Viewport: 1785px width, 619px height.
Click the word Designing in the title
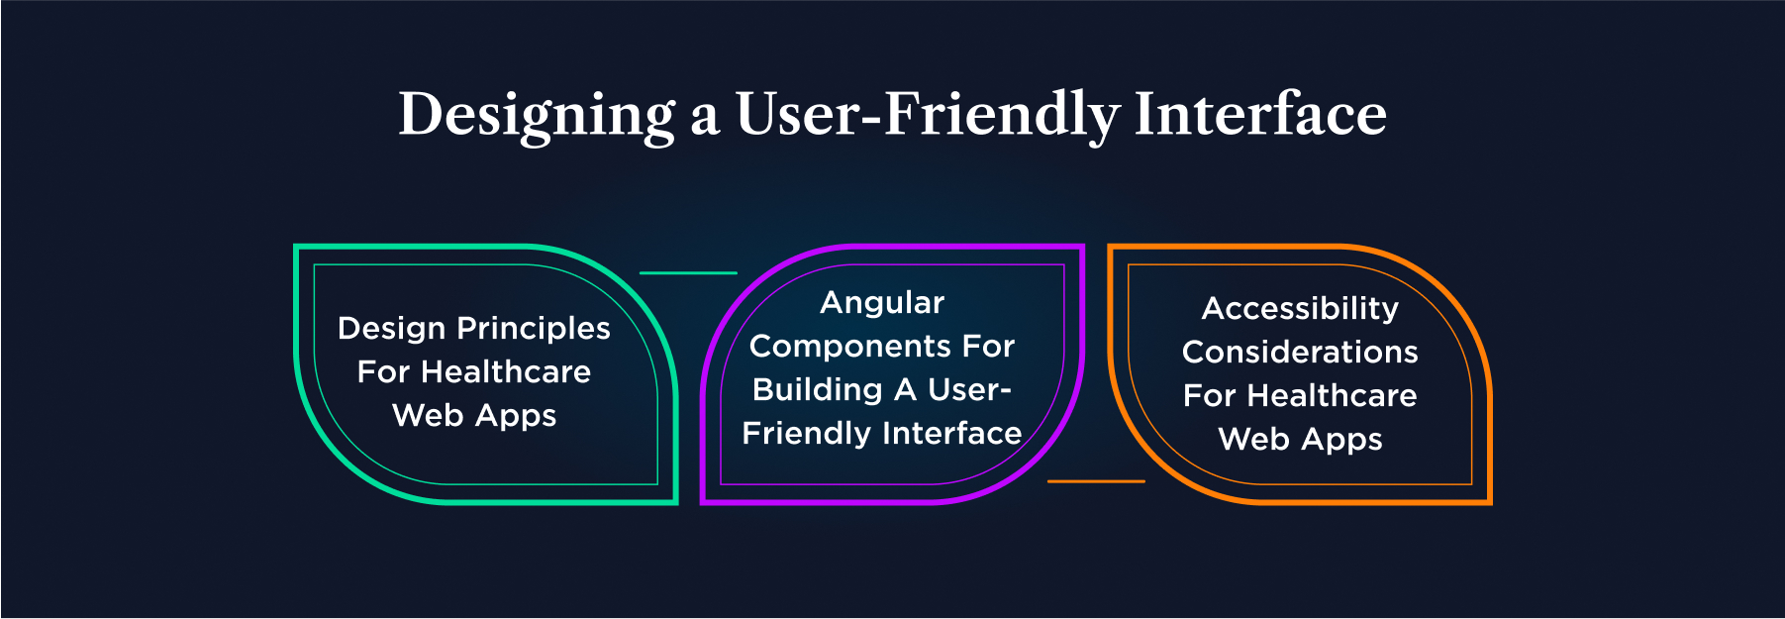pos(537,115)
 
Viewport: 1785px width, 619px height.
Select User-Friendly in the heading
pos(927,115)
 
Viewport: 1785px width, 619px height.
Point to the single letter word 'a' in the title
pos(704,117)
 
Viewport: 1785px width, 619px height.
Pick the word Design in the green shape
pos(392,329)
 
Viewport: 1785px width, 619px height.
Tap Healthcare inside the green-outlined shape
pos(506,371)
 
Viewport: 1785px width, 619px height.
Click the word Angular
pos(882,303)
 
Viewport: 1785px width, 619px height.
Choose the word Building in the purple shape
pos(817,389)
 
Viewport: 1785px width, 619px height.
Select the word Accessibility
pos(1300,309)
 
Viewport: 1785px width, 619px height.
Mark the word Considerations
pos(1300,352)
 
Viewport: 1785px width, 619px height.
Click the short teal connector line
pos(688,272)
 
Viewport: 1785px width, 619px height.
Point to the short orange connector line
pos(1096,481)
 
